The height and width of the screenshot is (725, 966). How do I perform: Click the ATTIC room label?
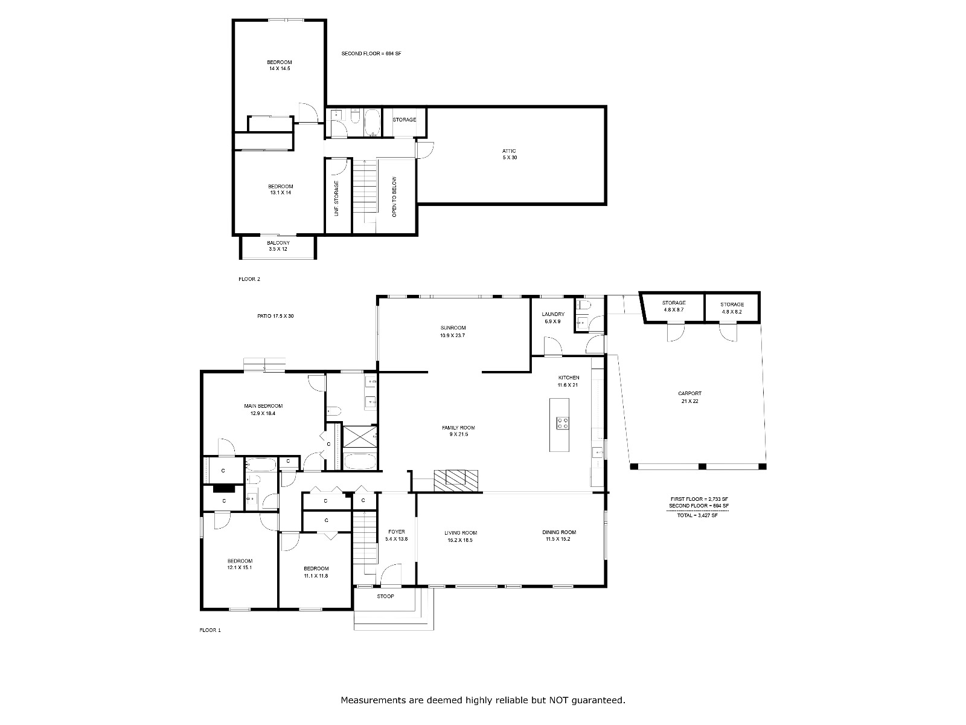[x=509, y=151]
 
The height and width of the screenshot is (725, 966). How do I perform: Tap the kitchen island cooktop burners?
[x=563, y=423]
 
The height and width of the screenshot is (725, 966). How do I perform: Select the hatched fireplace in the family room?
[x=456, y=480]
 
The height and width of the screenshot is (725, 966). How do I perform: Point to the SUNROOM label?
[x=453, y=327]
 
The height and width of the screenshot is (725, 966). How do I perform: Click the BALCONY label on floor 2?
[x=278, y=242]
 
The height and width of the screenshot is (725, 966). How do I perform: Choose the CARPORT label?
[x=689, y=393]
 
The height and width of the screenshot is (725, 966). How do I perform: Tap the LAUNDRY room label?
[x=553, y=314]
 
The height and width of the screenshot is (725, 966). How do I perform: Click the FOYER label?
[x=397, y=531]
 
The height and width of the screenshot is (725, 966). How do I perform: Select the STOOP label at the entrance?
[x=386, y=596]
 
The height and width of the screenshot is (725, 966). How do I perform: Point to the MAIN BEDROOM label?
[x=263, y=406]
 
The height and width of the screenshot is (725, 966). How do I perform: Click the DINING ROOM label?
[x=559, y=532]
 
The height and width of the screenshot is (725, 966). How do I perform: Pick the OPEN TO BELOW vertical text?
[x=394, y=197]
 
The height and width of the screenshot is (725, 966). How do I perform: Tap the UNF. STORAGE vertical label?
[x=337, y=198]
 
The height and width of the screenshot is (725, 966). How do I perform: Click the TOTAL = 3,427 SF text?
[x=697, y=515]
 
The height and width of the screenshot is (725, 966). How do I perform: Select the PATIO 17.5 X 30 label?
[x=275, y=315]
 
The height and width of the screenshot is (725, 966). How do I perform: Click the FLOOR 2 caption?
[x=249, y=279]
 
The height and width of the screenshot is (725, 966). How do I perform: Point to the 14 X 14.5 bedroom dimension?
[x=280, y=68]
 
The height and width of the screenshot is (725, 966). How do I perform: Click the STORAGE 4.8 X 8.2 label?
[x=732, y=308]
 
